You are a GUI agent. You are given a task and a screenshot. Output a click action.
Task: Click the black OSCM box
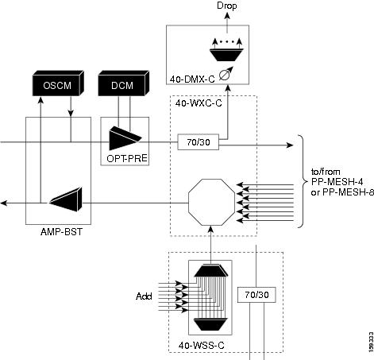pos(58,83)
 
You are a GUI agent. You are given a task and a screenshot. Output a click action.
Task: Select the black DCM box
pos(123,83)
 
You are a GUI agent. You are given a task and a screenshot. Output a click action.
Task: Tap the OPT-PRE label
pos(127,159)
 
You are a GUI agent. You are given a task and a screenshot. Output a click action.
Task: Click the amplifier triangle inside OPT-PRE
pos(125,138)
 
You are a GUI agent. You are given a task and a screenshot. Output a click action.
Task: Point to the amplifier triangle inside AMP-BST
pos(66,199)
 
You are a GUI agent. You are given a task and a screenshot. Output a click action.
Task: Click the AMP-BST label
pos(61,232)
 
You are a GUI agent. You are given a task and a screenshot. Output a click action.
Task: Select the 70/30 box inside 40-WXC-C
pos(199,142)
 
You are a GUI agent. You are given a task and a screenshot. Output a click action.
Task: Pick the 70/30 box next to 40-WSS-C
pos(256,295)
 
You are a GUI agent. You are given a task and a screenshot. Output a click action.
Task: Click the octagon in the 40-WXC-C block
pos(211,202)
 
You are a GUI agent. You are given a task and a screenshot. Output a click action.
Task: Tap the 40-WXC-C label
pos(199,103)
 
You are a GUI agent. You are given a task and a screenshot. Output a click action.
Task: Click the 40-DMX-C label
pos(192,79)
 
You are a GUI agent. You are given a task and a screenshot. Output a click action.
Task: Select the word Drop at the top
pos(227,6)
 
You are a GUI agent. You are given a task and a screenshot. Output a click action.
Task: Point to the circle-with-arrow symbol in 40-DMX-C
pos(226,74)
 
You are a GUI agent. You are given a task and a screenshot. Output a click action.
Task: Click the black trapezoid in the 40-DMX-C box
pos(227,55)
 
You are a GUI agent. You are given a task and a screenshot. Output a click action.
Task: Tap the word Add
pos(144,296)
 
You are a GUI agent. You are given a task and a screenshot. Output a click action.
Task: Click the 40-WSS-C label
pos(202,346)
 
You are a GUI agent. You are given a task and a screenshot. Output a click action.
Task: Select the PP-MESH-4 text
pos(337,182)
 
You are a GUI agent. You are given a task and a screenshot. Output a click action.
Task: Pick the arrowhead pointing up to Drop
pos(227,16)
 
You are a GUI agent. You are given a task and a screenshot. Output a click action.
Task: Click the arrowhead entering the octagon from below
pos(211,230)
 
